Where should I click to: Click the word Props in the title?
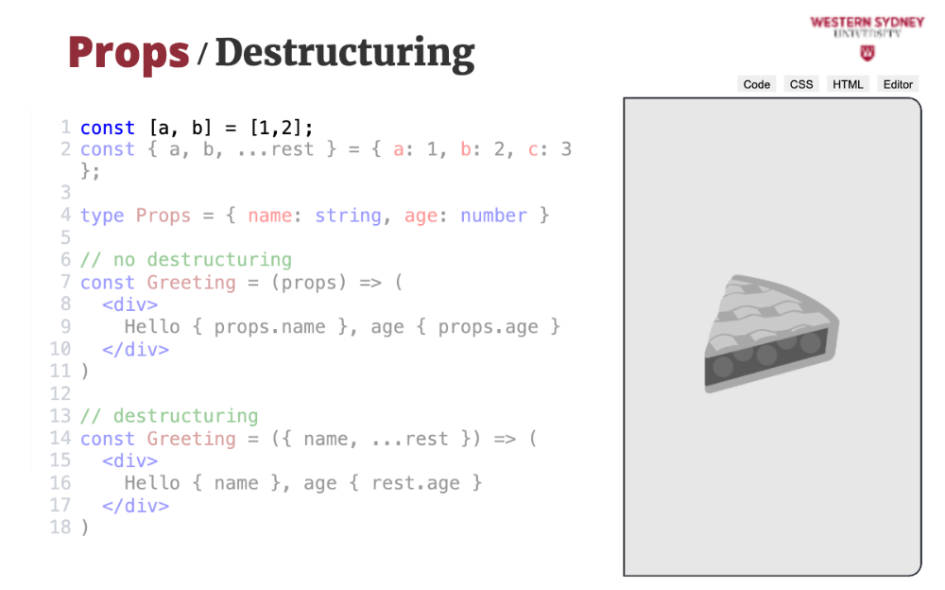pos(129,54)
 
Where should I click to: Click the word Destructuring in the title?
pos(345,53)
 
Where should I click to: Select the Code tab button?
pos(756,84)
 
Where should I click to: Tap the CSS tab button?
pos(801,84)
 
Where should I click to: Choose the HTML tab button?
pos(848,84)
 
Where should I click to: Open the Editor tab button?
pos(898,84)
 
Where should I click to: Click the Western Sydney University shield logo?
pos(868,54)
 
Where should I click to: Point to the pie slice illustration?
pos(772,334)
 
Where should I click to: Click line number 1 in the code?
pos(66,128)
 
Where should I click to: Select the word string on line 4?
pos(349,216)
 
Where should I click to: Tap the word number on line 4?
pos(493,216)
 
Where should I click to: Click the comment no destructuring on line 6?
pos(186,260)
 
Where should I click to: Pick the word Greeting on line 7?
pos(192,283)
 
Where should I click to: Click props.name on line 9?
pos(270,327)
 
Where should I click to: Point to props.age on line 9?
pos(489,327)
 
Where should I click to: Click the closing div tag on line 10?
pos(135,349)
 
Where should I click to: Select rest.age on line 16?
pos(416,483)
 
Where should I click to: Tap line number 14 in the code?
pos(60,439)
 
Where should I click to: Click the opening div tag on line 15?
pos(130,460)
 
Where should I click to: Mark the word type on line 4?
pos(102,216)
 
